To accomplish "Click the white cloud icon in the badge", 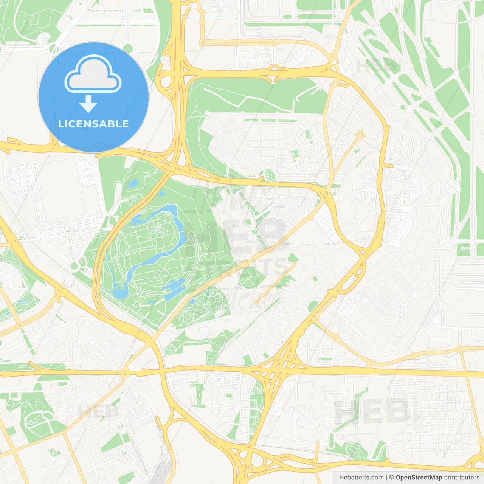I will point(93,74).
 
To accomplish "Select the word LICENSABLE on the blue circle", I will point(93,124).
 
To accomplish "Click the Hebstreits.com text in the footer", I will point(361,478).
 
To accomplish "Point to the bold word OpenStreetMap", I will point(419,478).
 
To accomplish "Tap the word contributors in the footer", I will point(462,478).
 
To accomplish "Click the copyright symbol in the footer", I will point(392,478).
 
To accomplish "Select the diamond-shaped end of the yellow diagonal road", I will point(361,134).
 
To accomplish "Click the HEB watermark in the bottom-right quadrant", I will point(373,411).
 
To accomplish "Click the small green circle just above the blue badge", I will point(128,48).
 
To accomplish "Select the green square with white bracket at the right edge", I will point(465,250).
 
